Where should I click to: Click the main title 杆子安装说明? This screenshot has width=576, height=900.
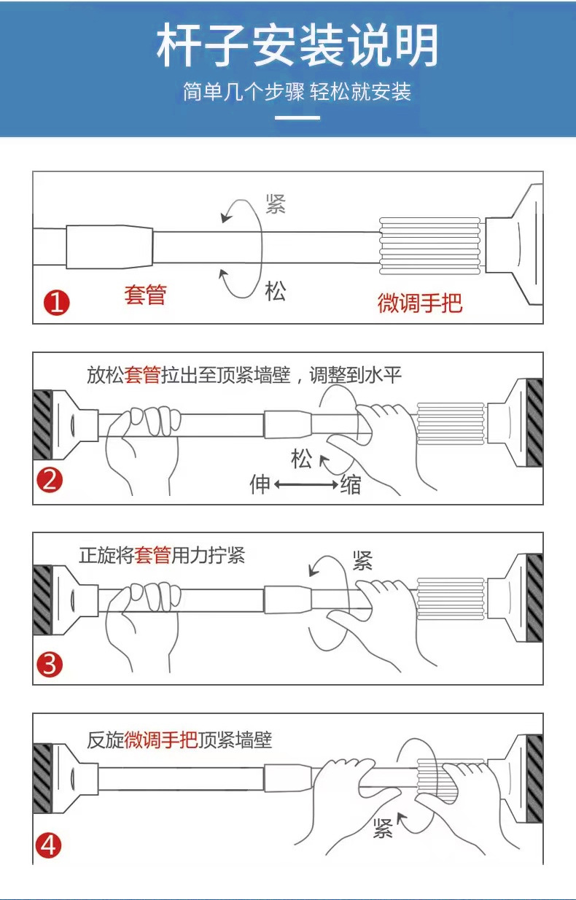tap(297, 45)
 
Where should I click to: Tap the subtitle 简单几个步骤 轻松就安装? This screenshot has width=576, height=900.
tap(297, 92)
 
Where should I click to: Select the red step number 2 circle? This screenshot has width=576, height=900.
tap(51, 481)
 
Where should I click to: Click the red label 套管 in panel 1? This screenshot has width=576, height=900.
tap(146, 295)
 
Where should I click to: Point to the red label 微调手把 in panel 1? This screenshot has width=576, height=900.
tap(419, 303)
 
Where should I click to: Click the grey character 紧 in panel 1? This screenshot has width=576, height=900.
tap(276, 203)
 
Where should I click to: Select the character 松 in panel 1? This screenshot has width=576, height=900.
tap(276, 292)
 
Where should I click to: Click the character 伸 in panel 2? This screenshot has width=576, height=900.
tap(260, 484)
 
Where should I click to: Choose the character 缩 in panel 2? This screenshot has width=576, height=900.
tap(351, 484)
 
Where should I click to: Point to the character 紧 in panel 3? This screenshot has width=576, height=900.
tap(362, 560)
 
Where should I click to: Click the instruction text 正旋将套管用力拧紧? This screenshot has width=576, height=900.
tap(162, 556)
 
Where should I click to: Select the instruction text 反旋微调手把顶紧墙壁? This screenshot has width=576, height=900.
tap(179, 740)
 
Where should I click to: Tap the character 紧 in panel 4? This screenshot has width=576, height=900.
tap(384, 828)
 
